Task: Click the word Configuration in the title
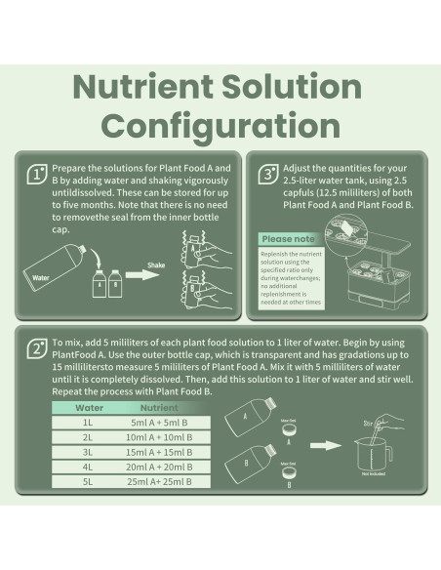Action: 220,125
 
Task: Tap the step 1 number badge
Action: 37,175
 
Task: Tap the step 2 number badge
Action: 37,348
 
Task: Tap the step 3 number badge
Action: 267,175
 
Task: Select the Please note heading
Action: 288,238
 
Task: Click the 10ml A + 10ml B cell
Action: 159,437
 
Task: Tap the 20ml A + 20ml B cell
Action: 159,467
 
